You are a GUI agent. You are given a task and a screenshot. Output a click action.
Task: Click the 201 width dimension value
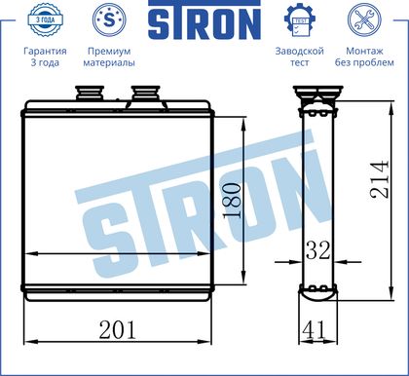tap(117, 330)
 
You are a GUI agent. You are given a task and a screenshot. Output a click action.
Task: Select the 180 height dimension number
tap(232, 201)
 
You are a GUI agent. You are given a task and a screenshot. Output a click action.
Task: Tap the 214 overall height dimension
tap(379, 179)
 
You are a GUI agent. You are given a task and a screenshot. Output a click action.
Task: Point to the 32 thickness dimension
tap(318, 250)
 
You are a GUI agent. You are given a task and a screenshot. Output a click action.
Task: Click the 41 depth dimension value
tap(314, 329)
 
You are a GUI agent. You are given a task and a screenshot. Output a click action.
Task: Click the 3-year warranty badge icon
tap(45, 20)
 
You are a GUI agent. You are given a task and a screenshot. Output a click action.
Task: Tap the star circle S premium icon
tap(109, 20)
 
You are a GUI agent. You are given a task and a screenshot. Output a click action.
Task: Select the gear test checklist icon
tap(300, 20)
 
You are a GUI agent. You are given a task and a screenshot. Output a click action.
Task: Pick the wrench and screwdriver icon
tap(364, 20)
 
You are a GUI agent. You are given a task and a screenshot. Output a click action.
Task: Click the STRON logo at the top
tap(204, 20)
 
